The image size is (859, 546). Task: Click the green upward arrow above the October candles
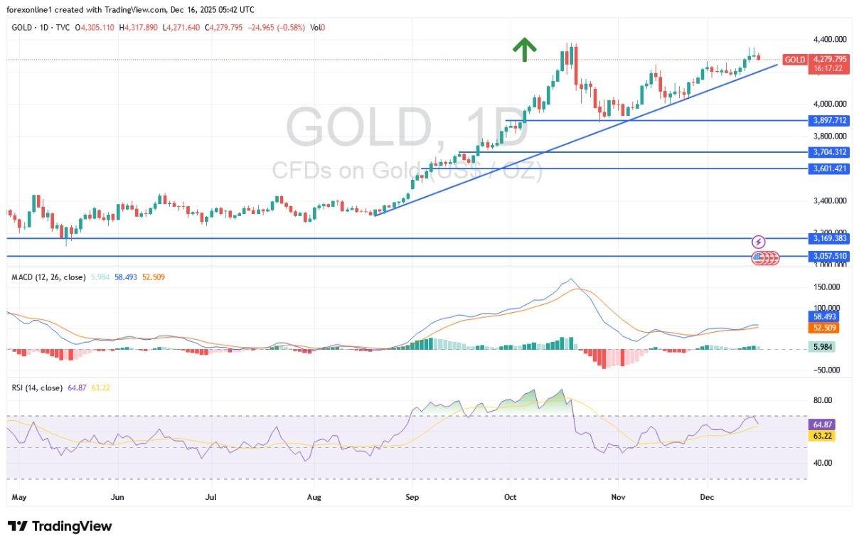(524, 49)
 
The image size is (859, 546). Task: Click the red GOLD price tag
(794, 60)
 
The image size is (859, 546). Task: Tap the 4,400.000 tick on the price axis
(829, 39)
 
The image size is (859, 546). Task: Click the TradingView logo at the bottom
(60, 527)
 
